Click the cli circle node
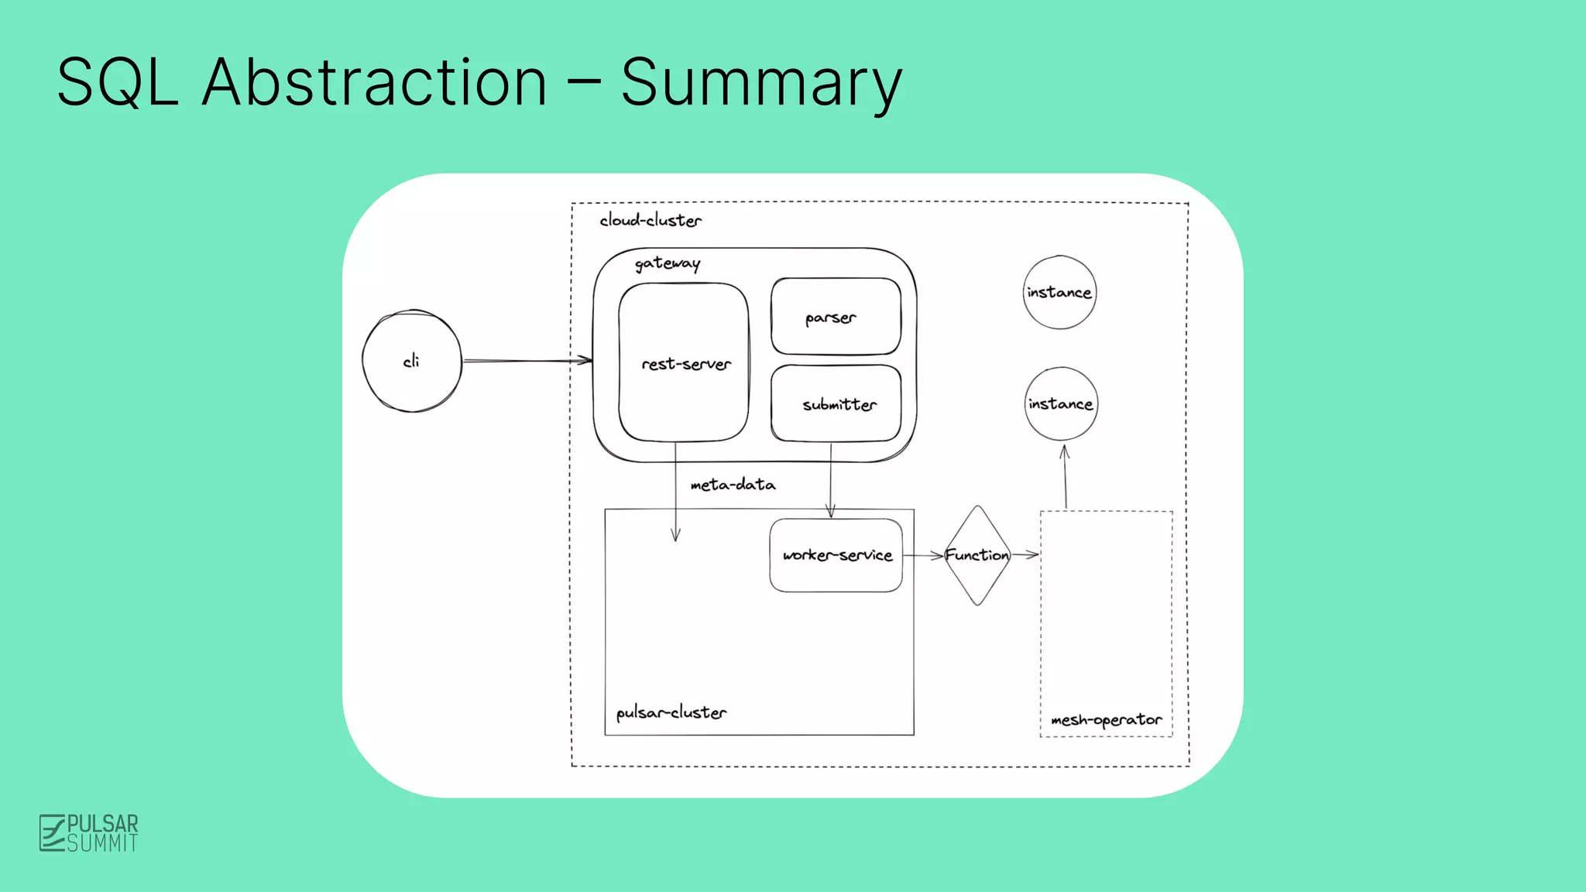pyautogui.click(x=412, y=361)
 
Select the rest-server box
pyautogui.click(x=684, y=362)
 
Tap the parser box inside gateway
pyautogui.click(x=836, y=317)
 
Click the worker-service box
pyautogui.click(x=836, y=555)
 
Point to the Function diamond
pyautogui.click(x=977, y=555)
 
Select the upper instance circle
pyautogui.click(x=1059, y=292)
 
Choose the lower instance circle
pyautogui.click(x=1061, y=403)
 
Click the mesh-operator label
pyautogui.click(x=1106, y=719)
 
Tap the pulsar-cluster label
pyautogui.click(x=671, y=712)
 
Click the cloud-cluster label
pyautogui.click(x=651, y=221)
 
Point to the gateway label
pyautogui.click(x=668, y=263)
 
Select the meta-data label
pyautogui.click(x=733, y=485)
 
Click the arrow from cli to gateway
pyautogui.click(x=527, y=360)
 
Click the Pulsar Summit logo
pyautogui.click(x=89, y=833)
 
